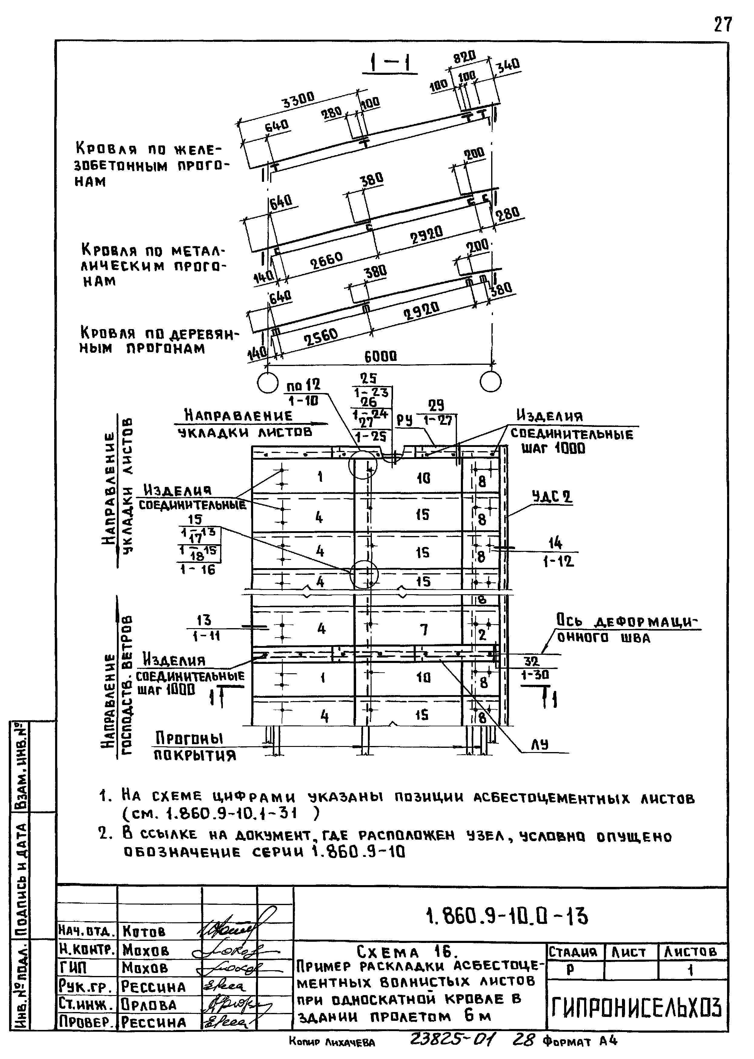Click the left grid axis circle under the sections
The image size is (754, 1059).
[267, 382]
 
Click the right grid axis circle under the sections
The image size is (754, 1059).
[491, 382]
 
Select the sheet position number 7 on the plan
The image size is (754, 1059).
[423, 630]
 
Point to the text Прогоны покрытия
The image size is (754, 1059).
[195, 746]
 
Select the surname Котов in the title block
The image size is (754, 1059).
[144, 931]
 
